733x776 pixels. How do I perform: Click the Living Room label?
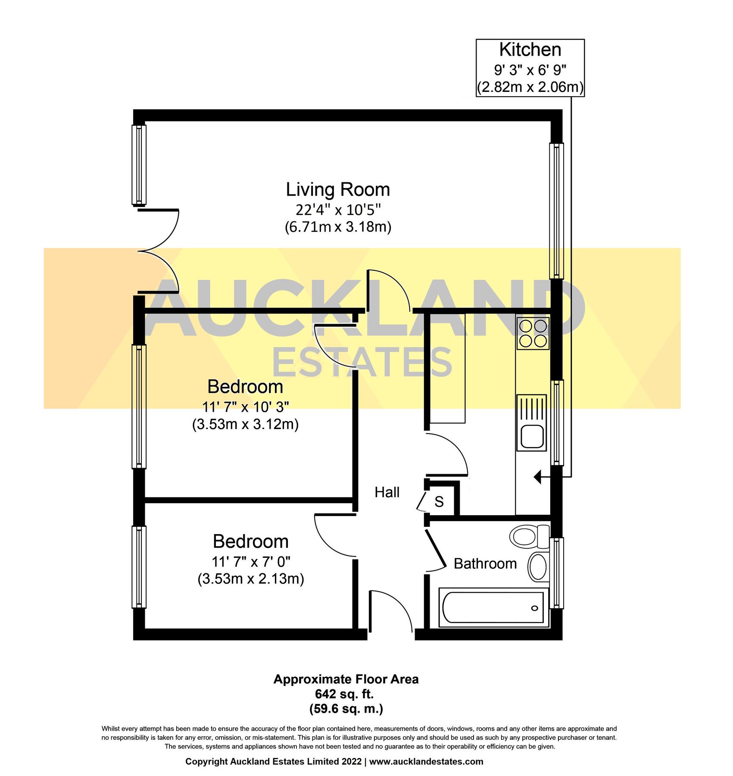tap(338, 190)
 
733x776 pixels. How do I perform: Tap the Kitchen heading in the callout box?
tap(530, 50)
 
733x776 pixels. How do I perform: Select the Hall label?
tap(387, 492)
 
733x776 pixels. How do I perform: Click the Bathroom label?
tap(485, 563)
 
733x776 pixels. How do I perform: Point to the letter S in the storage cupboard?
tap(439, 501)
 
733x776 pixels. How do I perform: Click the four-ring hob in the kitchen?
tap(533, 333)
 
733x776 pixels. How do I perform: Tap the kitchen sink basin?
tap(532, 436)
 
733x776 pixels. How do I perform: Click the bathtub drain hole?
tap(535, 608)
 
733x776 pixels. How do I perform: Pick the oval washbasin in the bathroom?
tap(538, 566)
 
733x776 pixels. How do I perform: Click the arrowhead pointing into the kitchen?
tap(537, 477)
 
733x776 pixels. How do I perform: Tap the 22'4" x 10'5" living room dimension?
tap(338, 210)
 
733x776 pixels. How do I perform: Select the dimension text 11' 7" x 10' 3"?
tap(245, 407)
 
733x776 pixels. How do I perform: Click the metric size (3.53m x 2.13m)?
tap(251, 579)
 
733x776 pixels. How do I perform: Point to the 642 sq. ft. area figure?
tap(344, 694)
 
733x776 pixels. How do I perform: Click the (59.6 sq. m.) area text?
tap(346, 708)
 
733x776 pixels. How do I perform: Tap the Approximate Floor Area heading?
tap(346, 679)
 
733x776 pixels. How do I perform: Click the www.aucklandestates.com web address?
tap(426, 761)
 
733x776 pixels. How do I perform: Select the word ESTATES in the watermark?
tap(362, 363)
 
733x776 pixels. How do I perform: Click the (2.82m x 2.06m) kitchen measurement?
tap(530, 87)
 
